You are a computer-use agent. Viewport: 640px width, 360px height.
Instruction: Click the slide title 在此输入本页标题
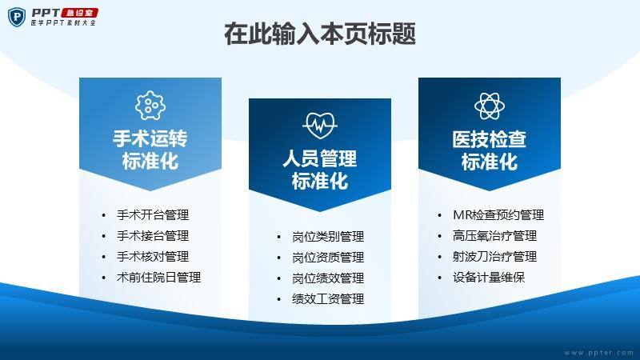(x=320, y=34)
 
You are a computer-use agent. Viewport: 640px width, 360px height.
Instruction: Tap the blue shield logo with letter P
(x=17, y=17)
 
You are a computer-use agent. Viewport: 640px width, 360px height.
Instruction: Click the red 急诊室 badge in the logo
(x=80, y=13)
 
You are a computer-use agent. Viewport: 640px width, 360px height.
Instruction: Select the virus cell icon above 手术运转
(x=150, y=106)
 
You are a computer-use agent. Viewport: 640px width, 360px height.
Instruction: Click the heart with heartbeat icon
(x=320, y=126)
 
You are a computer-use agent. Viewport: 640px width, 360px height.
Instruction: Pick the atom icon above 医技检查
(x=490, y=106)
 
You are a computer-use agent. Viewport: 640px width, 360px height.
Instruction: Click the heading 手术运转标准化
(x=150, y=150)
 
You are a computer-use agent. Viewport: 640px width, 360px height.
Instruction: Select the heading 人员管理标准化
(x=320, y=170)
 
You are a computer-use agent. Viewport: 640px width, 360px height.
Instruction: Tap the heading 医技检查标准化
(x=490, y=150)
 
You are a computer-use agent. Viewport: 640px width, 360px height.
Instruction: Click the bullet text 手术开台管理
(x=153, y=215)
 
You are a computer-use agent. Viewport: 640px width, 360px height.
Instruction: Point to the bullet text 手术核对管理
(x=153, y=257)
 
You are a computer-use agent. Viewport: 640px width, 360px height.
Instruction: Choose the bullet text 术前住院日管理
(x=158, y=278)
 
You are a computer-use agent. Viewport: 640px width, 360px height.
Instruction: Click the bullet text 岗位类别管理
(x=328, y=237)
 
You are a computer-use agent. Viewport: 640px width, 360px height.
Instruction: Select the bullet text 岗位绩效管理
(x=328, y=278)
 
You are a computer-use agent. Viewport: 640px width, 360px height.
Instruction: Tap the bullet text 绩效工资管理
(x=328, y=299)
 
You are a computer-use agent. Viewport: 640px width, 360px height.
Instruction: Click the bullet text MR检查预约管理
(x=498, y=215)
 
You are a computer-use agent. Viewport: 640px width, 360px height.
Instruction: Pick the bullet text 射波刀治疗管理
(x=494, y=257)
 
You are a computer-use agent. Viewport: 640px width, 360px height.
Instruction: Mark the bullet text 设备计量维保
(x=489, y=278)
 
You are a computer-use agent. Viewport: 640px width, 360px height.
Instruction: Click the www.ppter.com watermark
(x=599, y=353)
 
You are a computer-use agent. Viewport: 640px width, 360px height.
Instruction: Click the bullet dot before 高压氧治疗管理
(x=439, y=236)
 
